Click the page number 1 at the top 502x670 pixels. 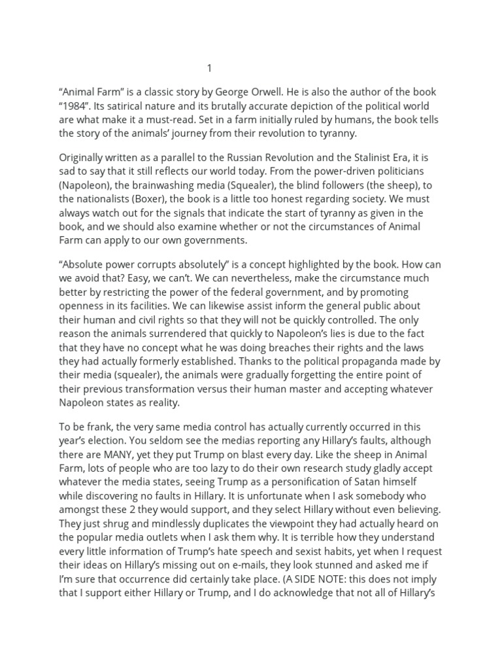[x=209, y=68]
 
